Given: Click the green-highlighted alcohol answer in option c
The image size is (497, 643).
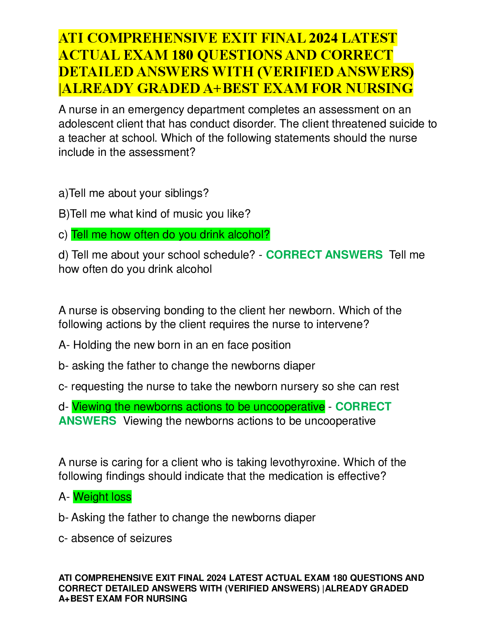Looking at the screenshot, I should [x=171, y=235].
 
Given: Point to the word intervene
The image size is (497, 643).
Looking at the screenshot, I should [x=343, y=324].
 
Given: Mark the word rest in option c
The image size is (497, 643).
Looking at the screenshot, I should [x=389, y=386].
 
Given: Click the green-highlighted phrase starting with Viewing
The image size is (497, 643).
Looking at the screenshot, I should [x=198, y=407].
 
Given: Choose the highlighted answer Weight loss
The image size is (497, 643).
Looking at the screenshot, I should [x=102, y=497].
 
